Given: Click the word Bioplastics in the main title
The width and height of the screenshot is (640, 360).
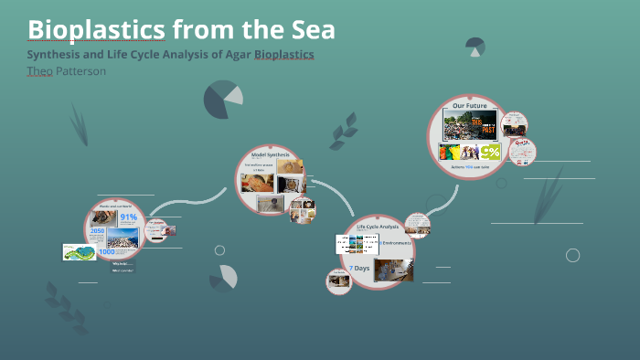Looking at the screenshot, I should point(97,30).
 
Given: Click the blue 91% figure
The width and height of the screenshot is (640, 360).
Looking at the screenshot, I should point(127,217).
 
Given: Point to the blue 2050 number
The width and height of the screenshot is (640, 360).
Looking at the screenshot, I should point(99,231).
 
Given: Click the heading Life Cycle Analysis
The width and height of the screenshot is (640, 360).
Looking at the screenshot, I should point(377,226).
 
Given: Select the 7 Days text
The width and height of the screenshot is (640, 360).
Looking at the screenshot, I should point(358,267).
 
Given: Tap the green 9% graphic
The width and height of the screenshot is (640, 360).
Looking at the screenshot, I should point(490,153).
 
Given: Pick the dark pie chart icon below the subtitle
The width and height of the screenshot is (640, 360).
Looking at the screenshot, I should point(222,100).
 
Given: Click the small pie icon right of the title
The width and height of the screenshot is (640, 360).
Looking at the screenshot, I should point(475,46).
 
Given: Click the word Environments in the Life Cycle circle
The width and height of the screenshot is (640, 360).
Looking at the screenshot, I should point(397,244).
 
